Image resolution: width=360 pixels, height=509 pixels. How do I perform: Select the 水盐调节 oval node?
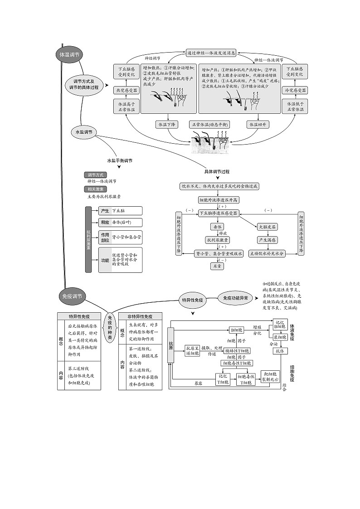(84, 132)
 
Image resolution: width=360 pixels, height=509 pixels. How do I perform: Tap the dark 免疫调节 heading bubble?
(72, 296)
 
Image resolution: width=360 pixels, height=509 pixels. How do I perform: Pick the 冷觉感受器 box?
(295, 91)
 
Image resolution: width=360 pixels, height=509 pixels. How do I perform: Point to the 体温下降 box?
(167, 124)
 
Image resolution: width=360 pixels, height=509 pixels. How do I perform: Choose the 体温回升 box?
(257, 124)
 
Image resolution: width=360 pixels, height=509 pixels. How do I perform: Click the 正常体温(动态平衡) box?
(209, 124)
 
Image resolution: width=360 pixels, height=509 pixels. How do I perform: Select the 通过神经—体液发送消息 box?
(211, 53)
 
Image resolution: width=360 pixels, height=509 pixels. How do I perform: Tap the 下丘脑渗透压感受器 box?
(219, 213)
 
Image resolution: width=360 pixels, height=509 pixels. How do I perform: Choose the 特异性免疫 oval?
(192, 300)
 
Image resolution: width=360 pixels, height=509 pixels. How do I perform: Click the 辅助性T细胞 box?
(236, 350)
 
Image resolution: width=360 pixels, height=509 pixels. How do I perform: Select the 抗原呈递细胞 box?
(192, 350)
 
